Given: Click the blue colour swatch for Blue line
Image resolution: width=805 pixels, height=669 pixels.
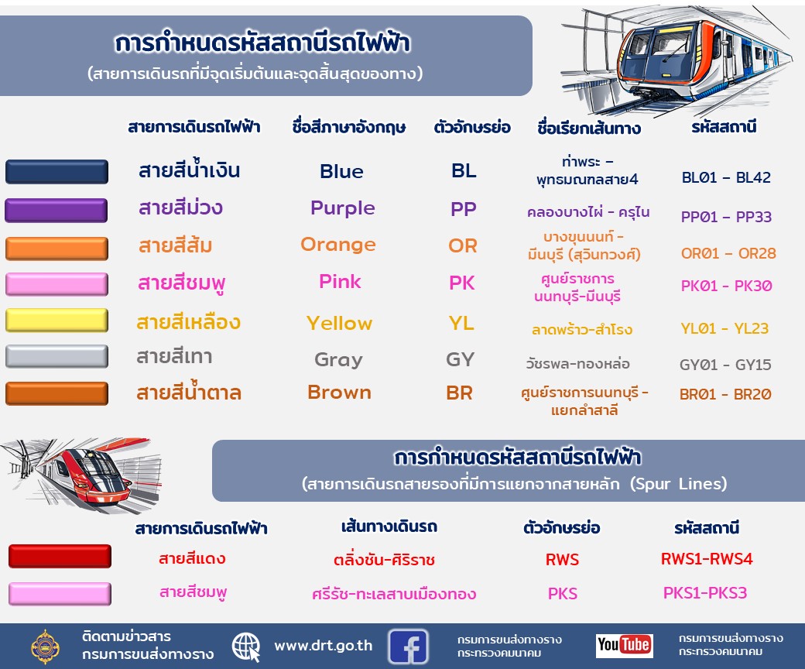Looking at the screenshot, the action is [x=57, y=171].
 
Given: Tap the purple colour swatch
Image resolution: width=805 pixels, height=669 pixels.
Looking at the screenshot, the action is [x=57, y=211].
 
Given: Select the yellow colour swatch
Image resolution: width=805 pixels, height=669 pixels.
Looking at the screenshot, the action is [x=57, y=321].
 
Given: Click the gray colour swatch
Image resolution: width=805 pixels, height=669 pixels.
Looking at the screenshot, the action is [x=57, y=356].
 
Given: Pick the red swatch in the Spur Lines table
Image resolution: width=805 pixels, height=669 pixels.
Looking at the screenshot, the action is [x=60, y=556].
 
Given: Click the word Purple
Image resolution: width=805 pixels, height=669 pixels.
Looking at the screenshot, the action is [x=342, y=208].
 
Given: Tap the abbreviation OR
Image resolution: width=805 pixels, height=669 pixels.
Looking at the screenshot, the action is [x=463, y=245].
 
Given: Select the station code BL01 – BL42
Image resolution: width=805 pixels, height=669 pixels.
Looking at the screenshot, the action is [x=726, y=177].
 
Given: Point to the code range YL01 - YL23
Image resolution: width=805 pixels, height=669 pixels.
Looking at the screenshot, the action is [x=724, y=328].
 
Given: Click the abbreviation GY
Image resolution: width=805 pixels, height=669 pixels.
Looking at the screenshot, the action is [x=460, y=359].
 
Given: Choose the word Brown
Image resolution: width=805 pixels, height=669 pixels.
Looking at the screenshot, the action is [x=339, y=393].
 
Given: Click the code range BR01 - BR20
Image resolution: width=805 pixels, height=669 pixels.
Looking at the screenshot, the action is [x=725, y=394].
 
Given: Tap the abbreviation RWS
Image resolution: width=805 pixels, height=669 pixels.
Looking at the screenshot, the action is [x=562, y=559].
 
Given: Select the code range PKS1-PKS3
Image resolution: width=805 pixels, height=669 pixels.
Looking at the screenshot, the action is [x=705, y=593].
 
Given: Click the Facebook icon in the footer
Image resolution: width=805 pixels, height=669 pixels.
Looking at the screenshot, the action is [x=408, y=647].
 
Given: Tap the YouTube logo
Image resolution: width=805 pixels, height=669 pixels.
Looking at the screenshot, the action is [x=625, y=645].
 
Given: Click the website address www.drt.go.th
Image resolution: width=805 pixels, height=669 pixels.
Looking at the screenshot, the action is [x=324, y=646].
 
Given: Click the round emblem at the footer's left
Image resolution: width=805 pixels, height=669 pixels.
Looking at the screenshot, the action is [x=45, y=647].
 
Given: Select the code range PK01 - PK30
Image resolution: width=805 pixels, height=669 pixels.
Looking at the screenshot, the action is [x=727, y=286].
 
